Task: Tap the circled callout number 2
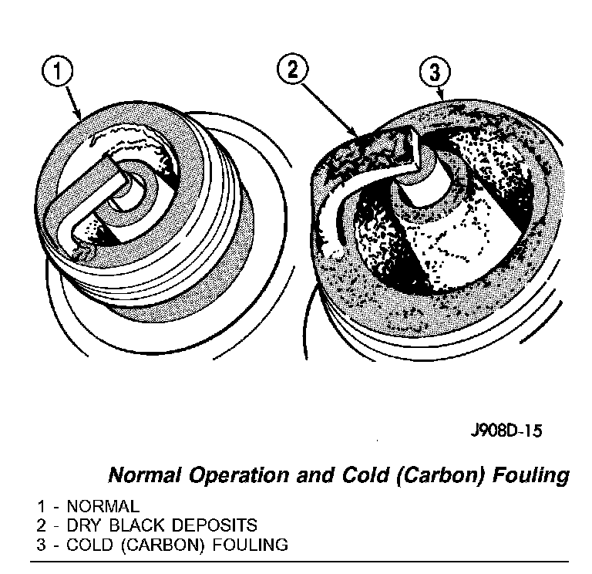coord(291,70)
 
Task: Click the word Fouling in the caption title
coord(531,474)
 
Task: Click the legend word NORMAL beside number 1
coord(103,507)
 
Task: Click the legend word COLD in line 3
coord(87,544)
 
